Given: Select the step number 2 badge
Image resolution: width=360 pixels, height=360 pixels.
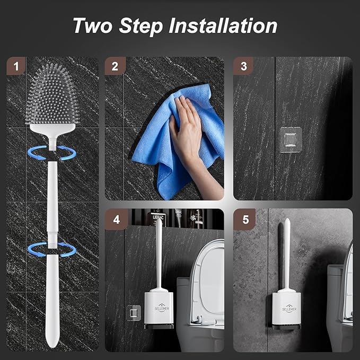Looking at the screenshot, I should (x=115, y=66).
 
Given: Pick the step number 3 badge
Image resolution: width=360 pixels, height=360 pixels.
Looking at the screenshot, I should (x=243, y=66).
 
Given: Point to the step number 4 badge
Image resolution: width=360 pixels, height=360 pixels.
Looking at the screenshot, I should (x=115, y=219).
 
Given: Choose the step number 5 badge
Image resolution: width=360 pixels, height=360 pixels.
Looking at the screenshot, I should (x=244, y=219).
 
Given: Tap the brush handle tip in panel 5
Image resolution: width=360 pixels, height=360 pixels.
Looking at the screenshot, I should (x=287, y=222).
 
